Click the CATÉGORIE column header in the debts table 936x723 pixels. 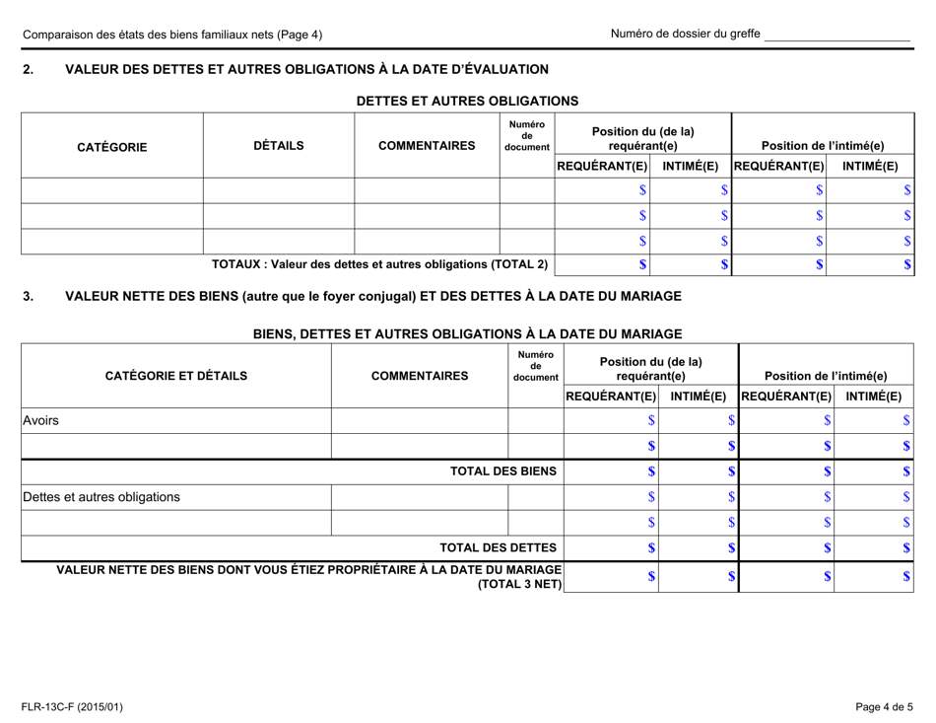point(112,147)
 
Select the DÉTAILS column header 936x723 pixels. point(279,146)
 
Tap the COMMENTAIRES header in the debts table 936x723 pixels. point(427,146)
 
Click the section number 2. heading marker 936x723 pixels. point(28,69)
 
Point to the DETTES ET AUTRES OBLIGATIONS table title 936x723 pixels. point(467,101)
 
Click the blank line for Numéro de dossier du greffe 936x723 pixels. point(836,35)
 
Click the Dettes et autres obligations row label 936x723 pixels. point(101,496)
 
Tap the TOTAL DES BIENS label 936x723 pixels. point(503,471)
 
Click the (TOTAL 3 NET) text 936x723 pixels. point(519,585)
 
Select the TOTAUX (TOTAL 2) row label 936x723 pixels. point(380,264)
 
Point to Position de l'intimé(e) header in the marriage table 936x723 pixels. point(825,375)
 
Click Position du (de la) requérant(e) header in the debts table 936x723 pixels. point(642,138)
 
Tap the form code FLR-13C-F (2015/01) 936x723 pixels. point(74,706)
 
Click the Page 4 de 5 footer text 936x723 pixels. point(884,706)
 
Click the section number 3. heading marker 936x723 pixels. point(28,296)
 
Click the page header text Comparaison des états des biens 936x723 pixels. point(172,35)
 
